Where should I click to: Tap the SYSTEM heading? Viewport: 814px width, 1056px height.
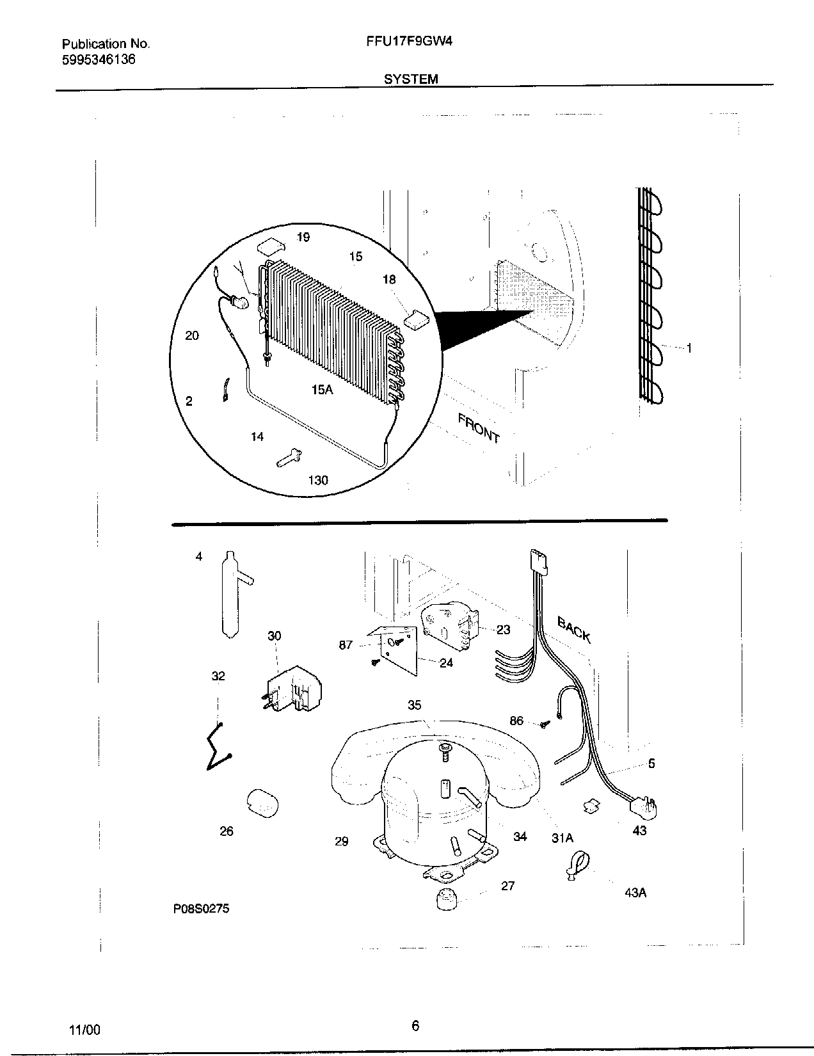[411, 79]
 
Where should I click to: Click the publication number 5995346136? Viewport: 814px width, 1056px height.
[99, 60]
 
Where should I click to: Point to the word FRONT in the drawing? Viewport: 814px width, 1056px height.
[478, 428]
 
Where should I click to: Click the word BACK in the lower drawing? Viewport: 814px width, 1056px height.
[574, 629]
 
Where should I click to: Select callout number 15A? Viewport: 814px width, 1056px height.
[322, 389]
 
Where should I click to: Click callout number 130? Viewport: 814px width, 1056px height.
[318, 480]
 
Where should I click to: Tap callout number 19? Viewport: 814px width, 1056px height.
[303, 237]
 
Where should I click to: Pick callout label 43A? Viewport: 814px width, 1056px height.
[635, 893]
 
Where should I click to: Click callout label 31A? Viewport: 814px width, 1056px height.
[563, 838]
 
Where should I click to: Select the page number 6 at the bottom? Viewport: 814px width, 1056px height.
[415, 1027]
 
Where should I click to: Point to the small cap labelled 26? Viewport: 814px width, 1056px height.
[261, 803]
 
